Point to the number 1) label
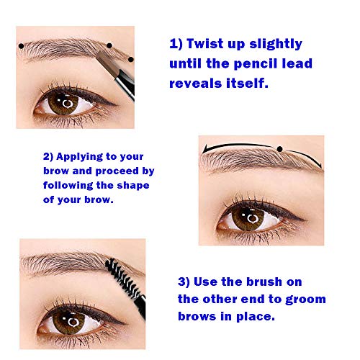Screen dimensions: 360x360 177,43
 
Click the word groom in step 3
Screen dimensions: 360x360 302,298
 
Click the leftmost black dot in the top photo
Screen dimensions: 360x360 22,47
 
